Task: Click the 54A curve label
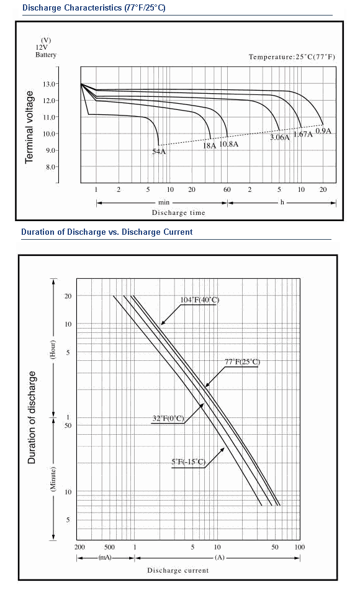pos(159,151)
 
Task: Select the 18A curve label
pos(209,146)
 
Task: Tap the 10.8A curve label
pos(229,144)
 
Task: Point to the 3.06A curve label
pos(280,137)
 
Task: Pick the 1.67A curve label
pos(303,134)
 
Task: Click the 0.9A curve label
pos(323,131)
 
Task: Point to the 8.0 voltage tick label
pos(51,167)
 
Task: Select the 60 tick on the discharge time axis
pos(227,190)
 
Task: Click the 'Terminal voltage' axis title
pos(29,127)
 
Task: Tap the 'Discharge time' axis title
pos(179,213)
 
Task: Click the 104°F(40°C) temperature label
pos(200,299)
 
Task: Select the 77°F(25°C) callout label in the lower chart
pos(243,362)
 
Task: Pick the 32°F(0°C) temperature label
pos(168,418)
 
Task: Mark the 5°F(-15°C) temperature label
pos(189,462)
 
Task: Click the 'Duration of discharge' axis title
pos(32,417)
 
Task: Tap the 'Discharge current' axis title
pos(178,571)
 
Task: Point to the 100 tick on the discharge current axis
pos(300,547)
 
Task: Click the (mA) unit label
pos(105,558)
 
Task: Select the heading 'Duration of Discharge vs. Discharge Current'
pos(107,232)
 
